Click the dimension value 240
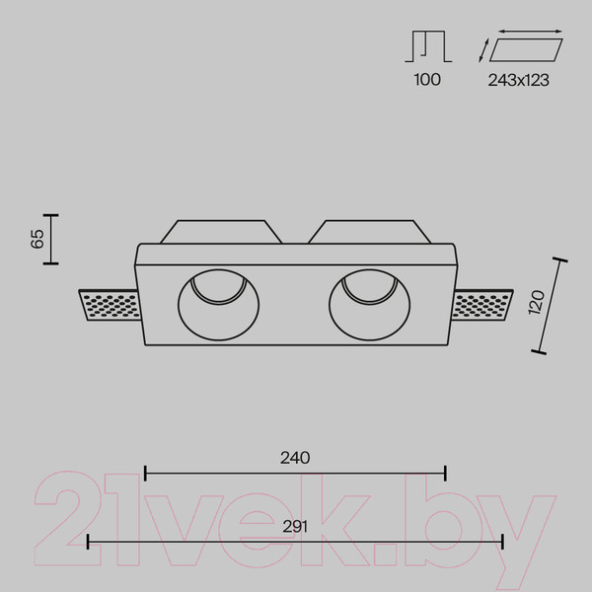pyautogui.click(x=295, y=458)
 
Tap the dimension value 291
pyautogui.click(x=295, y=526)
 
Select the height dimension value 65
pyautogui.click(x=37, y=239)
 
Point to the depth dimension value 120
pyautogui.click(x=537, y=302)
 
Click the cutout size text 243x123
pyautogui.click(x=518, y=80)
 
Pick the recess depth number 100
pyautogui.click(x=427, y=80)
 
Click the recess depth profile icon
pyautogui.click(x=428, y=46)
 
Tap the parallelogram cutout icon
pyautogui.click(x=526, y=50)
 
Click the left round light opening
pyautogui.click(x=219, y=304)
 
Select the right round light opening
pyautogui.click(x=369, y=304)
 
